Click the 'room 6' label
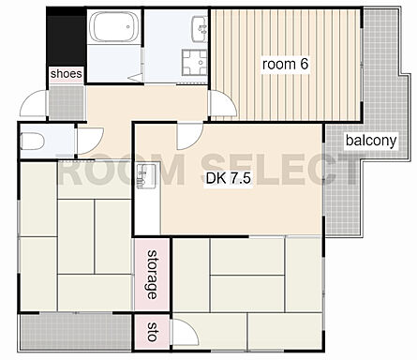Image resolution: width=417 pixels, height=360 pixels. pyautogui.click(x=285, y=65)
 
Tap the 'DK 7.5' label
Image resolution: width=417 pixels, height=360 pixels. pyautogui.click(x=229, y=178)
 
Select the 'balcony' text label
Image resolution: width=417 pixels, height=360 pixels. pyautogui.click(x=371, y=141)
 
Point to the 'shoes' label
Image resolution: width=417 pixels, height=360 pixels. pyautogui.click(x=67, y=74)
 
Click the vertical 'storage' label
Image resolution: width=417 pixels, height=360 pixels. pyautogui.click(x=152, y=275)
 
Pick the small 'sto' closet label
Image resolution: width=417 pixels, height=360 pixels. pyautogui.click(x=152, y=332)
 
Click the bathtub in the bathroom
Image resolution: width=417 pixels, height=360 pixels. pyautogui.click(x=114, y=27)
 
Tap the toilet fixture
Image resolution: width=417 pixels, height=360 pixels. pyautogui.click(x=33, y=141)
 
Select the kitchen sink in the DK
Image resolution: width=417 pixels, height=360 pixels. pyautogui.click(x=146, y=176)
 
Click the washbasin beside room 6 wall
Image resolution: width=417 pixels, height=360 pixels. pyautogui.click(x=200, y=28)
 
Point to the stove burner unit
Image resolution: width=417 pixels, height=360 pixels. pyautogui.click(x=195, y=63)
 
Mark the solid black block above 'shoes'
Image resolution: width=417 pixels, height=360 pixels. pyautogui.click(x=67, y=37)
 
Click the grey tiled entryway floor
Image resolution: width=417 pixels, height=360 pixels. pyautogui.click(x=67, y=102)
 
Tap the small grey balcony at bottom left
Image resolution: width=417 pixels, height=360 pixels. pyautogui.click(x=76, y=332)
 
